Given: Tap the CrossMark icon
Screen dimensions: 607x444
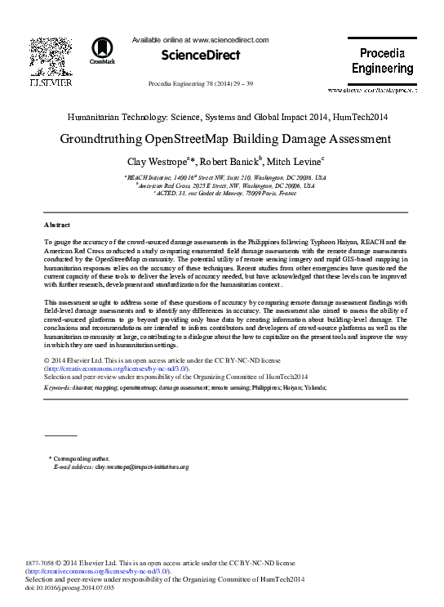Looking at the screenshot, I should [103, 50].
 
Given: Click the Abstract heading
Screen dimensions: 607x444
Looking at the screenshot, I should [57, 224].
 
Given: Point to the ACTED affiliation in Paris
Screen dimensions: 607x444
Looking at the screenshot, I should [222, 194].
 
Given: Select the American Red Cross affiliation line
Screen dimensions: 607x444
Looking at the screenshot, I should [222, 185].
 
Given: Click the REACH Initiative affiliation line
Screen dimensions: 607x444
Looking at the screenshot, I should [222, 177].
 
